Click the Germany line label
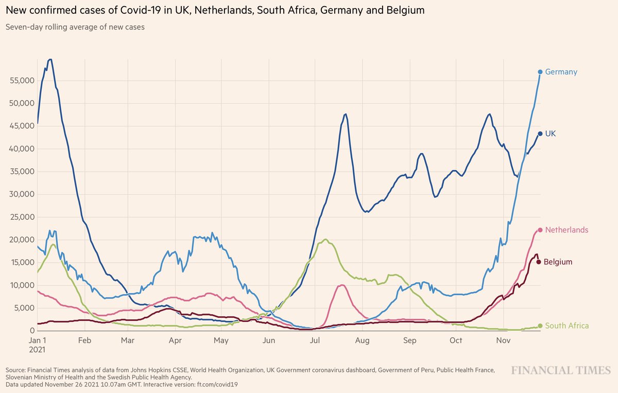tap(561, 72)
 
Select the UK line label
tap(551, 134)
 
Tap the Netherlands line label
tap(566, 230)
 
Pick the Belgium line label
tap(558, 262)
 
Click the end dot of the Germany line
tap(540, 72)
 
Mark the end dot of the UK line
tap(540, 134)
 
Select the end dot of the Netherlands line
tap(540, 230)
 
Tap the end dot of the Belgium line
tap(539, 262)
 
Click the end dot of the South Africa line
tap(540, 325)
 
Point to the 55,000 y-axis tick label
tap(20, 81)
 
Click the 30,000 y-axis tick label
tap(20, 194)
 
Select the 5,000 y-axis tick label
tap(22, 308)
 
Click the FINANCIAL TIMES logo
tap(560, 371)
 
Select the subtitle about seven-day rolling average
tap(75, 27)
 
